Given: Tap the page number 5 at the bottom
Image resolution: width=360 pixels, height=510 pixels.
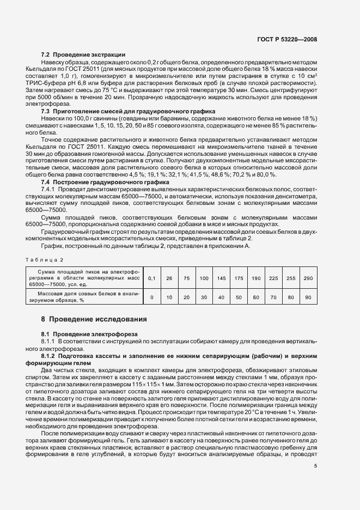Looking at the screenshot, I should [315, 465].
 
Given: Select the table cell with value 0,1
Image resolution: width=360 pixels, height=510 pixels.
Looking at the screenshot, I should [152, 278].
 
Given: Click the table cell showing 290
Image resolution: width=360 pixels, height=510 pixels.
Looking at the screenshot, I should [308, 278].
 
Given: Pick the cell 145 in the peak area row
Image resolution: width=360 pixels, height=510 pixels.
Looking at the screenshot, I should [221, 278].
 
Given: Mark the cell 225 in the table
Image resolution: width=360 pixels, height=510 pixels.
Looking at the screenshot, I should [273, 278].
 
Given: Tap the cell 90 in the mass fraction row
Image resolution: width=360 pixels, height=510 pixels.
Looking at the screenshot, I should [308, 297].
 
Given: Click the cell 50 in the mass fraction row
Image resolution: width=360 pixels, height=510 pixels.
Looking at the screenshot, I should [239, 297].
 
